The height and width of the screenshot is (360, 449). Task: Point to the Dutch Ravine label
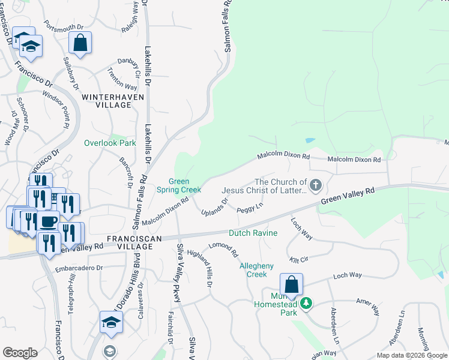[x=253, y=233]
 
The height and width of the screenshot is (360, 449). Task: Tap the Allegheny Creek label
[x=256, y=270]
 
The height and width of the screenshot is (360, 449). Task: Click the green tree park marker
[x=306, y=303]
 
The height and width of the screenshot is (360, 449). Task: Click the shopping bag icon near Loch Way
[x=291, y=285]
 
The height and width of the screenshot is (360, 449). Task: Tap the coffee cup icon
[x=48, y=222]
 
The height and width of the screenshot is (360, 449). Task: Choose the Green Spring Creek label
[x=178, y=185]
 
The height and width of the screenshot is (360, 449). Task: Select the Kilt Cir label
[x=298, y=259]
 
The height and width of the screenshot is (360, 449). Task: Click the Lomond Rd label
[x=223, y=250]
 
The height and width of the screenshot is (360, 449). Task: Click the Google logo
[x=20, y=352]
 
